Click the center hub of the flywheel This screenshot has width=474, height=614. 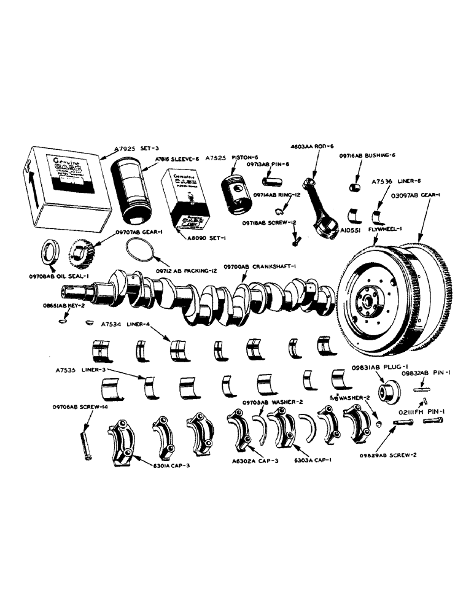pyautogui.click(x=368, y=302)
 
